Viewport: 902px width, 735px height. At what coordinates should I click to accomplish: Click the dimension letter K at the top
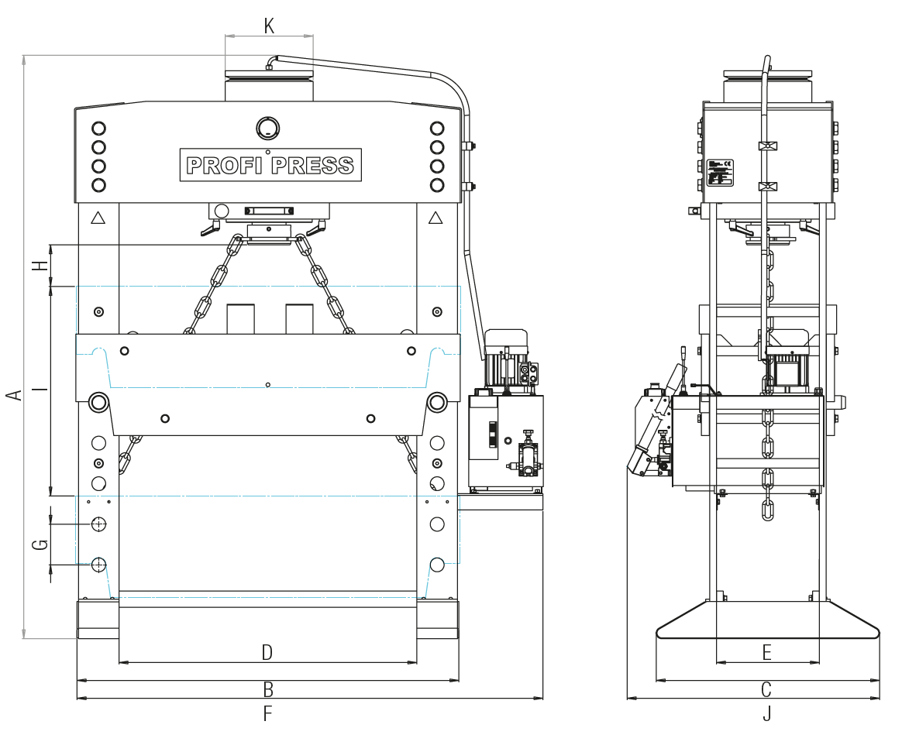pyautogui.click(x=269, y=26)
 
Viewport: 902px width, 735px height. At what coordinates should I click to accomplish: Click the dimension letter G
pyautogui.click(x=40, y=544)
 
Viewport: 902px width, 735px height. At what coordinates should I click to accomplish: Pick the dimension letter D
pyautogui.click(x=267, y=652)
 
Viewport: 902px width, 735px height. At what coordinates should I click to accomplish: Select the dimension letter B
pyautogui.click(x=268, y=689)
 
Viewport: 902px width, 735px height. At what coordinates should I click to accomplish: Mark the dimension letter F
pyautogui.click(x=268, y=713)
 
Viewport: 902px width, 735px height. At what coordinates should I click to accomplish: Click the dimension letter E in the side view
pyautogui.click(x=766, y=652)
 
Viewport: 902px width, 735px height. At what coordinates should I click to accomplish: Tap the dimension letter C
pyautogui.click(x=766, y=689)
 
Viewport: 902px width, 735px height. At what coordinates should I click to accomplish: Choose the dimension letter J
pyautogui.click(x=766, y=713)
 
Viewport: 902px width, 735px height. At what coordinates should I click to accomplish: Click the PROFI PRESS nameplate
pyautogui.click(x=270, y=165)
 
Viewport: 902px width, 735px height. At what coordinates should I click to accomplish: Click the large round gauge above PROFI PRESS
pyautogui.click(x=267, y=128)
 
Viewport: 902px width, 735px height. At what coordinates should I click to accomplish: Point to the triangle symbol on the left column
pyautogui.click(x=98, y=218)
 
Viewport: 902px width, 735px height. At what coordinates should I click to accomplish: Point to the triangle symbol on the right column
pyautogui.click(x=436, y=218)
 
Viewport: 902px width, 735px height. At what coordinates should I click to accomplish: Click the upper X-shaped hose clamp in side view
pyautogui.click(x=767, y=146)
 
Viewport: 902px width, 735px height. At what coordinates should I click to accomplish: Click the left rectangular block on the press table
pyautogui.click(x=240, y=318)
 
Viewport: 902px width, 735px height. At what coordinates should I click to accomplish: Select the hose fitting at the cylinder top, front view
pyautogui.click(x=269, y=65)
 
